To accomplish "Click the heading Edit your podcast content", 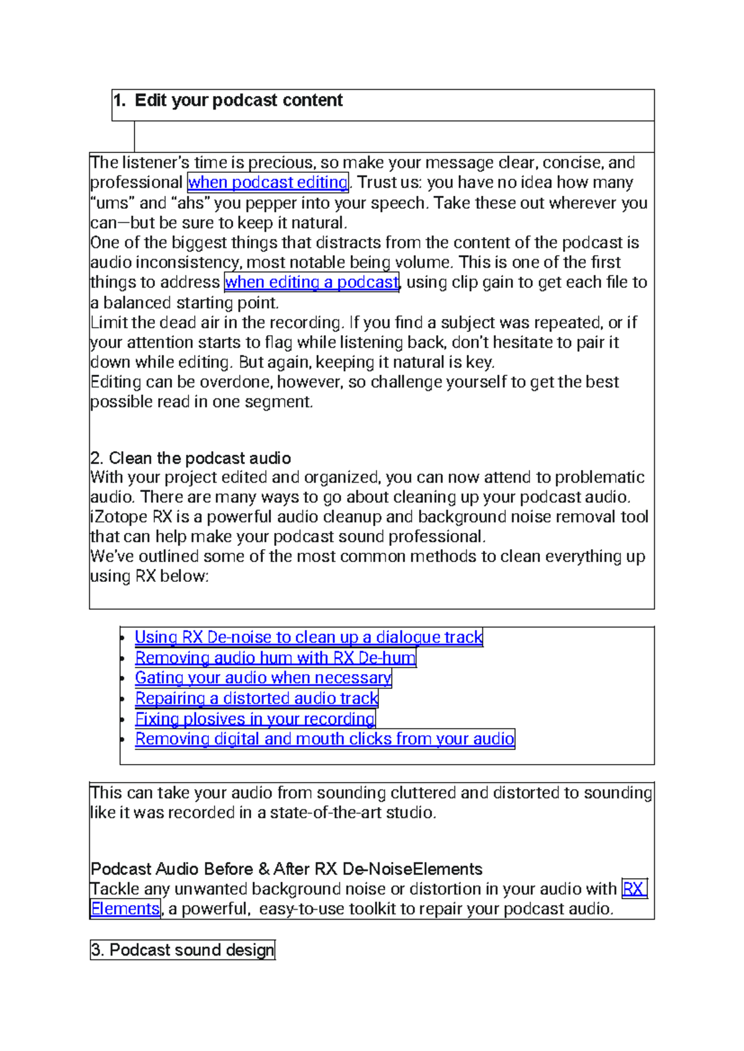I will tap(239, 100).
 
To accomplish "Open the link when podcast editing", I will tap(268, 182).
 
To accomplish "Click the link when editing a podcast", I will tap(312, 283).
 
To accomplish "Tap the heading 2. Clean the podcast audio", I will tap(190, 458).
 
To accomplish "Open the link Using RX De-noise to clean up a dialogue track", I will tap(308, 638).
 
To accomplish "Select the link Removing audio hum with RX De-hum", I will tap(275, 658).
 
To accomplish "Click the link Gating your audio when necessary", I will tap(263, 678).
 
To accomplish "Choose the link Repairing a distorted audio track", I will tap(257, 698).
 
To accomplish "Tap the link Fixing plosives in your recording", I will tap(255, 719).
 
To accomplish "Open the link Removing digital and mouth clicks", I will tap(324, 739).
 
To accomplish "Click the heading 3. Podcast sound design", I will tap(182, 950).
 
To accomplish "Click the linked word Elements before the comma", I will tap(125, 909).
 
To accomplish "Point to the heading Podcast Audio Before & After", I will tap(286, 869).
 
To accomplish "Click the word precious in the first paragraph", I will tap(282, 163).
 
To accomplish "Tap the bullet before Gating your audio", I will tap(123, 679).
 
